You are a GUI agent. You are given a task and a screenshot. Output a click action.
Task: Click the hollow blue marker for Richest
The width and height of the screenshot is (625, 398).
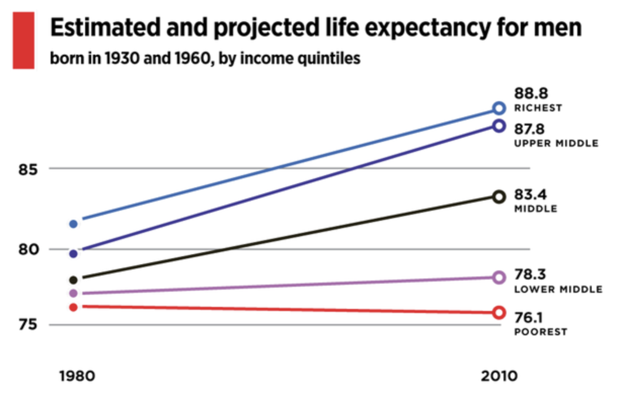(x=499, y=108)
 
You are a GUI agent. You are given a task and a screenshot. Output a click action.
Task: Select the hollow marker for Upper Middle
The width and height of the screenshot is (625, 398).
(x=499, y=126)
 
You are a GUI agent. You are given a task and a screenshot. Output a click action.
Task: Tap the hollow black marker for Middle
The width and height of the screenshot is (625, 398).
(x=499, y=197)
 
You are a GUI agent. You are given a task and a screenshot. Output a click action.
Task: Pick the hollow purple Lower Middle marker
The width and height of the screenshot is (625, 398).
(x=499, y=277)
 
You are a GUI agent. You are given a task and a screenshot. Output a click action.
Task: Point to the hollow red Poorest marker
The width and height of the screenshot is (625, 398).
(x=499, y=312)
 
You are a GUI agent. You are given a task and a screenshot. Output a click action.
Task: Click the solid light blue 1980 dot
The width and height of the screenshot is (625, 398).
(x=73, y=224)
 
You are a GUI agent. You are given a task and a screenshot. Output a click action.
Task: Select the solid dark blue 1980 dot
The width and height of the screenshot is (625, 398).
(x=73, y=254)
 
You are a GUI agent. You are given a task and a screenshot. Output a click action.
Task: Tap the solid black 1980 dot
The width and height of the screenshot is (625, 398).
(x=73, y=280)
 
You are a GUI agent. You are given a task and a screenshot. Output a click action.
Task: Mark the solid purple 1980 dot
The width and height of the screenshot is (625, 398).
(x=73, y=293)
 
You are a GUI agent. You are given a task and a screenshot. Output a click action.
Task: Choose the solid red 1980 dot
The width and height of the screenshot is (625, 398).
(x=73, y=307)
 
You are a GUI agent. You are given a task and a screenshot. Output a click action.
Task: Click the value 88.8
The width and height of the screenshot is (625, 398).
(x=531, y=94)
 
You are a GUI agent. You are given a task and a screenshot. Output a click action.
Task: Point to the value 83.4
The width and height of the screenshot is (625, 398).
(x=531, y=195)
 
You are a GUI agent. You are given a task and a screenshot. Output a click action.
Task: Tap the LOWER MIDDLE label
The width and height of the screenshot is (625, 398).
(x=558, y=290)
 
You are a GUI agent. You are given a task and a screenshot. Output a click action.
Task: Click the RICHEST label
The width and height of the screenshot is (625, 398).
(x=538, y=108)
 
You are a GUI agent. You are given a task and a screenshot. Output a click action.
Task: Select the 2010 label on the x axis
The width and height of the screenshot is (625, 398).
(x=499, y=377)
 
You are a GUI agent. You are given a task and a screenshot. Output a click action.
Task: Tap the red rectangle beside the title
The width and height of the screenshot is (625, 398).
(x=23, y=41)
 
